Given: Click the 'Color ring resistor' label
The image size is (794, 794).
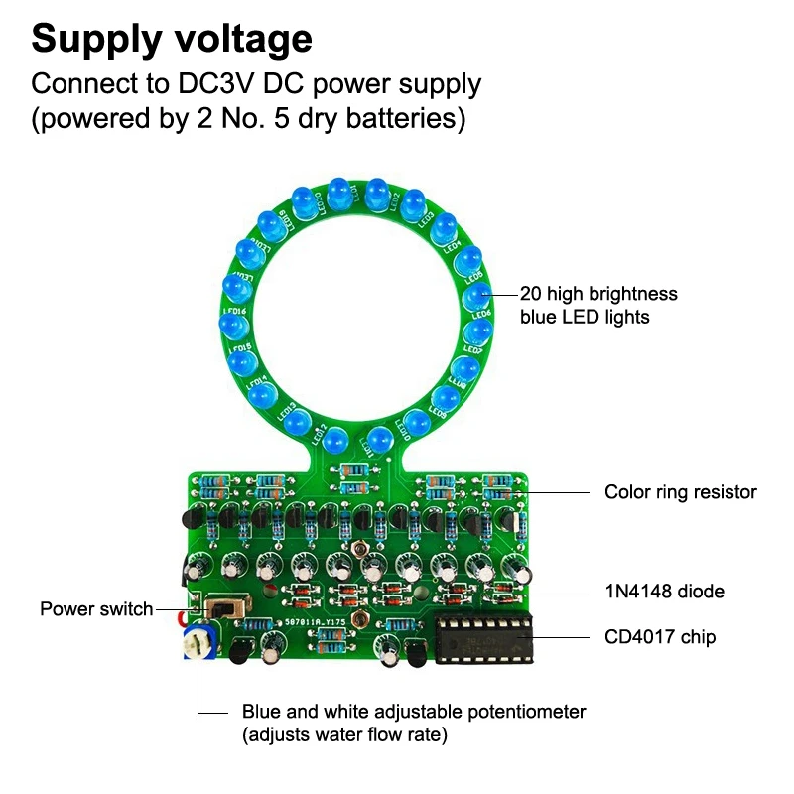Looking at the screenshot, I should tap(681, 492).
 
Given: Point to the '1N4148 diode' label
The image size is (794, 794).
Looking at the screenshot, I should tap(665, 592).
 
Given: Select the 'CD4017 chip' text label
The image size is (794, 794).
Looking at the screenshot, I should tap(660, 637).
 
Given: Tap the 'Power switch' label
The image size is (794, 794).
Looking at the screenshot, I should tap(96, 608).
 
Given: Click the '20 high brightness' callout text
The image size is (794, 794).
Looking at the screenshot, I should tap(598, 294).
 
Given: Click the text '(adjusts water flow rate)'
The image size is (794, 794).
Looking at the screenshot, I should tap(344, 735).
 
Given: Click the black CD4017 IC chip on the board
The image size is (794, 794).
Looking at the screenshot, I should tap(482, 636).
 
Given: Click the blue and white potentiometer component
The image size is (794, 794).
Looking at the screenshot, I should tap(199, 640).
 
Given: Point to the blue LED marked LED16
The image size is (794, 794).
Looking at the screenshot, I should tap(230, 328).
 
